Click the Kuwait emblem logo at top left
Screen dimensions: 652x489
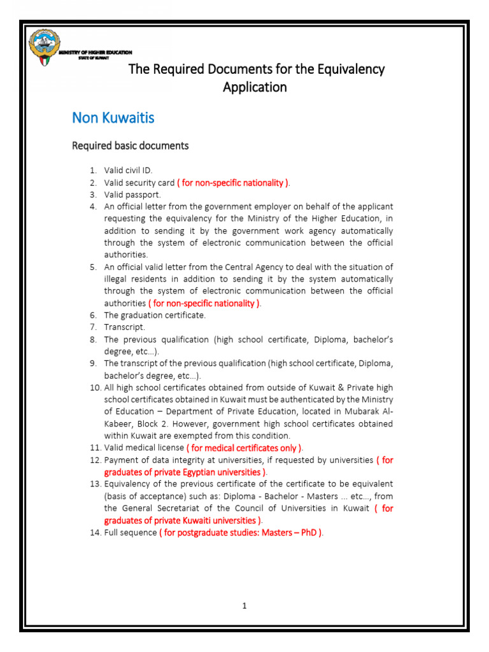pos(43,49)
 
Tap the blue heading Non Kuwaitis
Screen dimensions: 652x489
pos(113,118)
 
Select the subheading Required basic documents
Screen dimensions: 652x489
pos(130,146)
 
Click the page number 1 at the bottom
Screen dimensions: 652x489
pos(244,606)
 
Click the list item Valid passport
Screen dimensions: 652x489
pos(132,195)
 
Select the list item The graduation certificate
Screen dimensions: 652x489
pos(155,315)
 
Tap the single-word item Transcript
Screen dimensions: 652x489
pos(124,327)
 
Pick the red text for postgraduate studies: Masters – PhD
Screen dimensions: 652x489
pos(241,532)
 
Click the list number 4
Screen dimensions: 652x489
pos(93,207)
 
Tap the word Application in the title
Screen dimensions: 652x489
pos(255,87)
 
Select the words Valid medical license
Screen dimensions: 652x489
pos(143,448)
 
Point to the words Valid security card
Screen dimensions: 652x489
pos(139,183)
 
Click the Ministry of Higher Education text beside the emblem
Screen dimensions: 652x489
pos(95,52)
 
